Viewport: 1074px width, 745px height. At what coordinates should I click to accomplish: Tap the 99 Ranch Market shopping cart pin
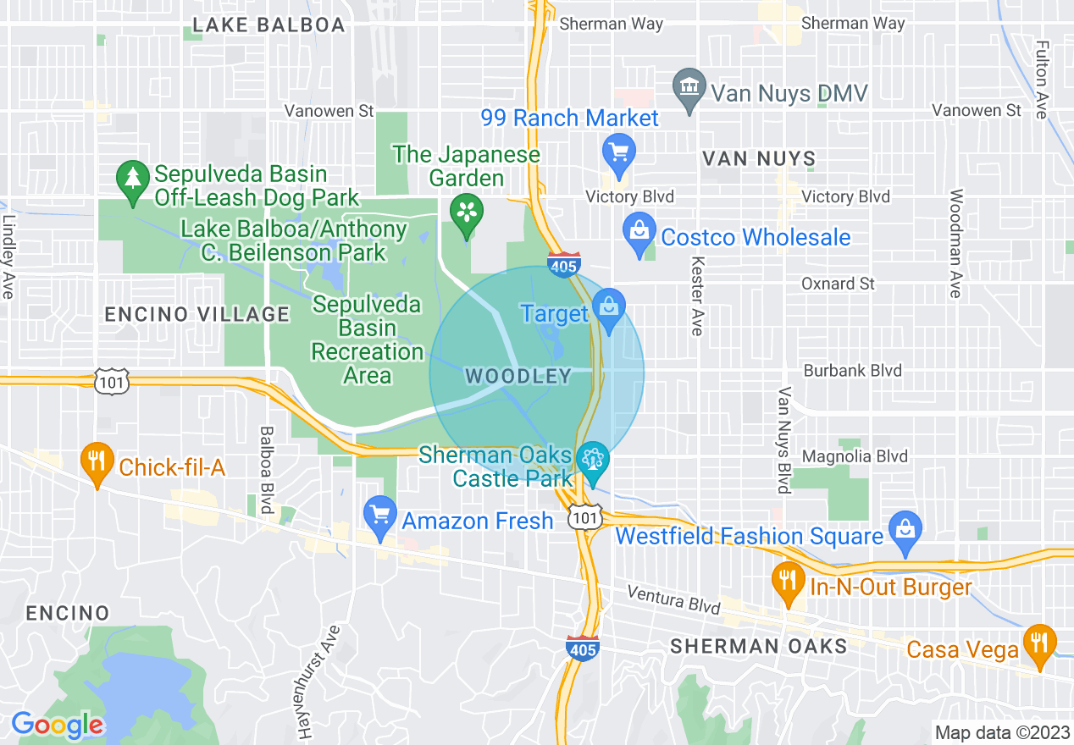[x=618, y=153]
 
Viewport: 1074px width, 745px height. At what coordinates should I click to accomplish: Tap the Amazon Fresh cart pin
[x=379, y=515]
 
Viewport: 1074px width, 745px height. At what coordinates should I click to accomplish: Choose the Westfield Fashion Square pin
[x=905, y=529]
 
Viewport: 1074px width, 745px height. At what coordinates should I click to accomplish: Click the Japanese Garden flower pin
[x=466, y=212]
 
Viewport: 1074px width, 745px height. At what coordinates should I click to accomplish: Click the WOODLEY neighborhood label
[x=518, y=377]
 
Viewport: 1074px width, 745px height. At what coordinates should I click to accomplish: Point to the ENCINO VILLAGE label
[x=197, y=315]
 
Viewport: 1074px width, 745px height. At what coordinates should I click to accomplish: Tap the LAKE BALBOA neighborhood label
[x=268, y=25]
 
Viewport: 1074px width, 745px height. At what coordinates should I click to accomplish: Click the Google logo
[x=58, y=725]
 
